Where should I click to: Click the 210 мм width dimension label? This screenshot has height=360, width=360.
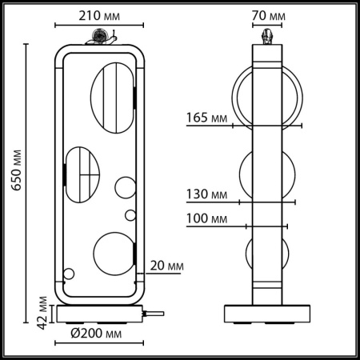point(99,14)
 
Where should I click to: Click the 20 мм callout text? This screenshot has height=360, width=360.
point(166,265)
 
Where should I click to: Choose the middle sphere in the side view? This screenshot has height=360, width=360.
point(266,171)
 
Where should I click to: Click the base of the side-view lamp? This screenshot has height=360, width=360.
point(266,313)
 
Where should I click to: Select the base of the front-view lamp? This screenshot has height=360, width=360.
point(99,313)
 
